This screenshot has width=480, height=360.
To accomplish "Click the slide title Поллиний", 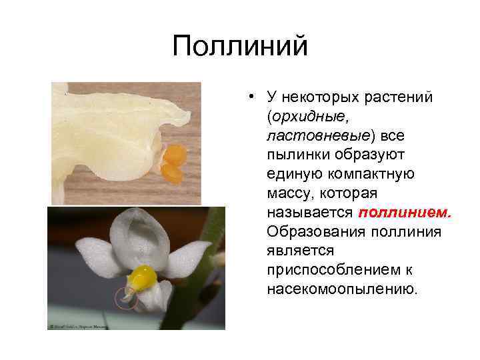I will [240, 47].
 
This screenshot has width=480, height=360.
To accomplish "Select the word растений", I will [399, 98].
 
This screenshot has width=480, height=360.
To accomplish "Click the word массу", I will [288, 194].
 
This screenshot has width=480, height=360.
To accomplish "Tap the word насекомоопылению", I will [342, 290].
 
